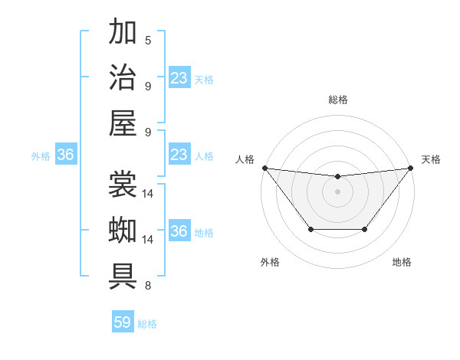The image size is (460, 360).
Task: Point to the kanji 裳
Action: click(123, 185)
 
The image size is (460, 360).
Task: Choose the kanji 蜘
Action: click(123, 231)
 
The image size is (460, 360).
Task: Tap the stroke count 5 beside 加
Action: click(147, 40)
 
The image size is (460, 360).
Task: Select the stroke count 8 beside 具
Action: click(147, 286)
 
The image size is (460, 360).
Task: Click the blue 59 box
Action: click(123, 322)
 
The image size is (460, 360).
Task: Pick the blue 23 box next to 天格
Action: click(179, 78)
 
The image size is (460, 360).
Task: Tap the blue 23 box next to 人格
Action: click(179, 155)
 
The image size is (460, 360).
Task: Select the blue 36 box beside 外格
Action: click(66, 155)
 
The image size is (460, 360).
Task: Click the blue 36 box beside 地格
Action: click(179, 232)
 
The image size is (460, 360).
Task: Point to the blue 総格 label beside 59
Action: click(147, 324)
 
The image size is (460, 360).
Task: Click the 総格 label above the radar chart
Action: click(337, 100)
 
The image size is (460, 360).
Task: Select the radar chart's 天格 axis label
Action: click(431, 159)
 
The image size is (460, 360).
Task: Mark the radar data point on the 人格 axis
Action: click(264, 168)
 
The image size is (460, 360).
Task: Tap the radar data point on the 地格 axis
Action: click(365, 229)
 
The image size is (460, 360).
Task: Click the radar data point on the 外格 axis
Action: click(310, 229)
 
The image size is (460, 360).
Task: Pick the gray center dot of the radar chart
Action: click(337, 191)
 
